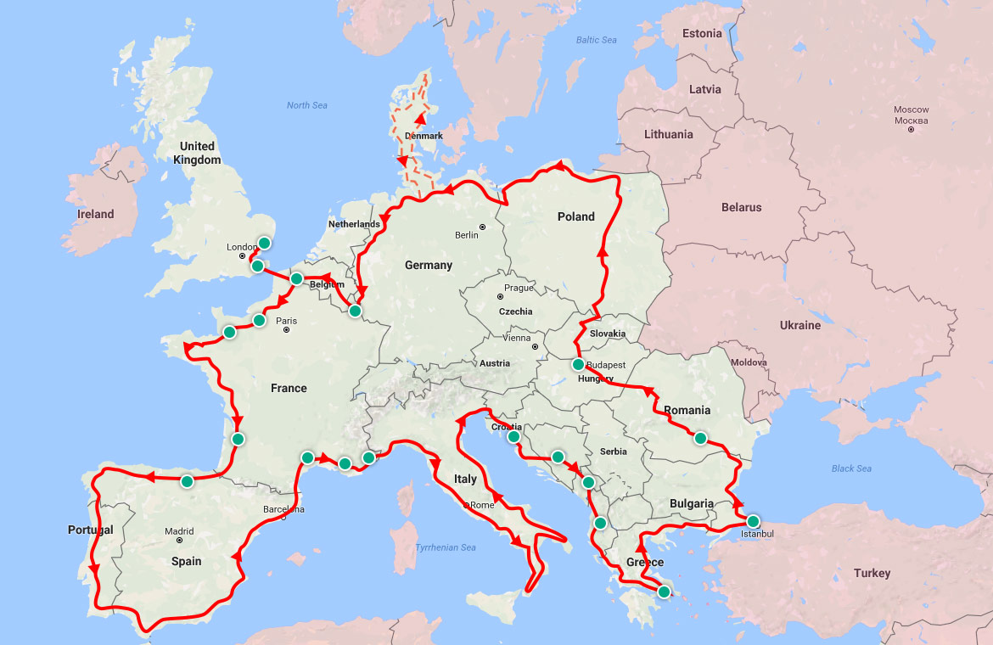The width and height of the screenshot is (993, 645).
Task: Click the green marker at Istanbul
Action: click(752, 521)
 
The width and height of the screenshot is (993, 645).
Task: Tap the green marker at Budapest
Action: click(578, 365)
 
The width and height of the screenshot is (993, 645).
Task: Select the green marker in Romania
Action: click(700, 439)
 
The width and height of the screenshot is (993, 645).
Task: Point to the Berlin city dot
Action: click(482, 227)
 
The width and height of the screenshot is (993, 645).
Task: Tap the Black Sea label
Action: click(852, 468)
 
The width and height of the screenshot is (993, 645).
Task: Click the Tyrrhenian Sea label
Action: click(446, 547)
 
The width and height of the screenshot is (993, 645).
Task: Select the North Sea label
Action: click(306, 105)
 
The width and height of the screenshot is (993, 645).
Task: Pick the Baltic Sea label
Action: click(597, 40)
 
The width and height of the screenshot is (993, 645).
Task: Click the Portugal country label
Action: click(90, 530)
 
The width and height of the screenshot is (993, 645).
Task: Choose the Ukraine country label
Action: click(800, 325)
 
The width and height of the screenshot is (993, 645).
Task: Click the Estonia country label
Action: click(702, 34)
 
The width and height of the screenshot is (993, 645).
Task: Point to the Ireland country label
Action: click(95, 214)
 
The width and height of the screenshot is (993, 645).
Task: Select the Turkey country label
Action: click(872, 573)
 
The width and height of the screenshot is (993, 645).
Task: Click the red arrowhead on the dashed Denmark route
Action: click(419, 119)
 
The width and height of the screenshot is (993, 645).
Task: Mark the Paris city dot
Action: click(287, 330)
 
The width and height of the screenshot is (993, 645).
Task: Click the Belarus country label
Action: click(741, 207)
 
